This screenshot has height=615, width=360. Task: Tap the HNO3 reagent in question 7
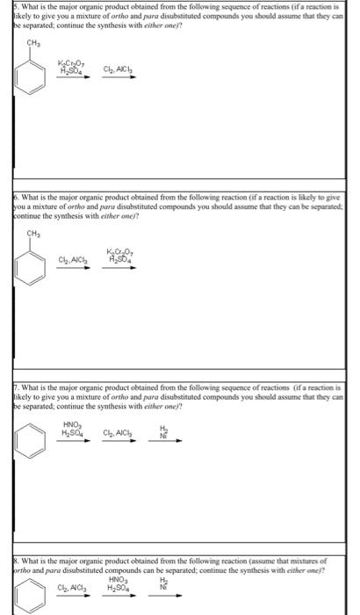click(x=72, y=427)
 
